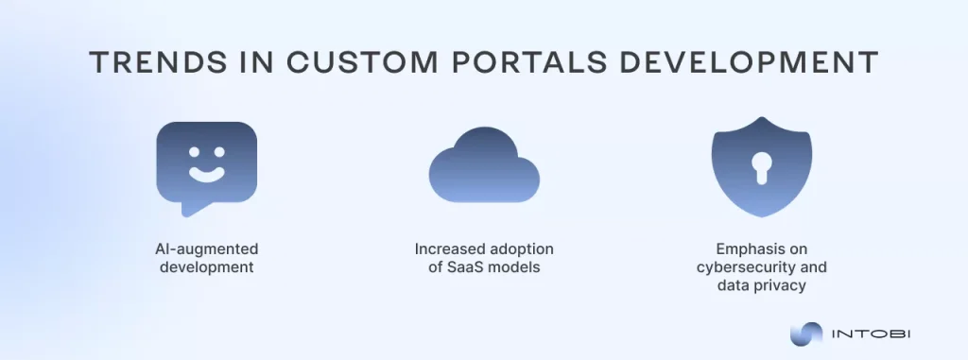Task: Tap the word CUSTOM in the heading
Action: (x=348, y=62)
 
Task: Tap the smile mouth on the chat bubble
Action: (x=206, y=174)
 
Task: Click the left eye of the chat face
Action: (x=193, y=150)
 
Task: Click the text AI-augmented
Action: (x=206, y=249)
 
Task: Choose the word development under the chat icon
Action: (x=206, y=266)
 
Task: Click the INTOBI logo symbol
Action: (x=807, y=333)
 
